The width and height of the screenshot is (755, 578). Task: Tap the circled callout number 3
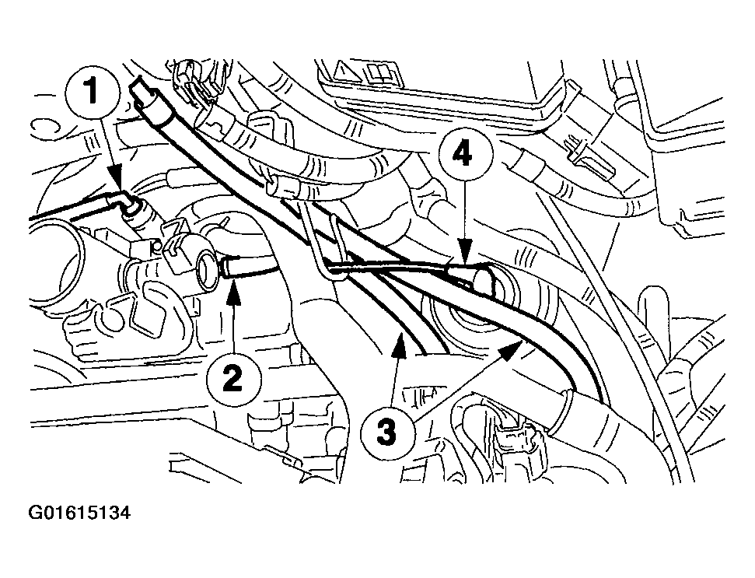pos(386,430)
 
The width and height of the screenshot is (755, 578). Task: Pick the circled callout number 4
pos(465,155)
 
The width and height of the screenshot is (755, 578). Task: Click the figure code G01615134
pos(79,513)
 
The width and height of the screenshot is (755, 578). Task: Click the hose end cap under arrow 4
pos(484,282)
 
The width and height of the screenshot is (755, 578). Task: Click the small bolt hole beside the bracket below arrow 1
pos(154,247)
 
